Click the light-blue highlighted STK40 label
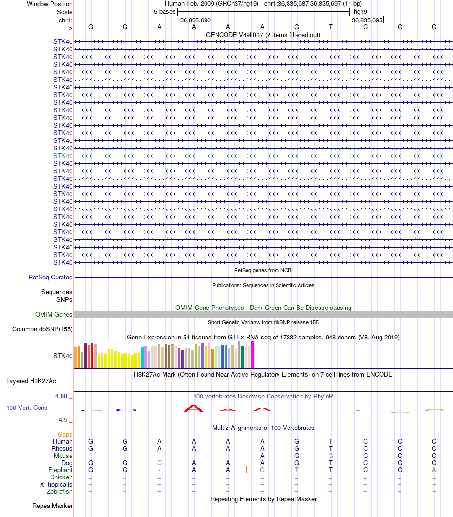click(63, 156)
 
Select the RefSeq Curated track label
click(51, 277)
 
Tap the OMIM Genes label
click(54, 314)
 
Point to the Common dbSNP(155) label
click(42, 329)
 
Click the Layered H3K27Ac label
click(31, 381)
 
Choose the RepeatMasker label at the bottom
click(52, 506)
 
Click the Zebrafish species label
click(60, 491)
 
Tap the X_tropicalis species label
click(56, 484)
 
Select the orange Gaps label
click(65, 434)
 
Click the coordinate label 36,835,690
click(196, 20)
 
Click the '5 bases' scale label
click(165, 11)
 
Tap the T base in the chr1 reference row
click(331, 27)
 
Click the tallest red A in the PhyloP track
click(194, 408)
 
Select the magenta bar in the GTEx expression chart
click(253, 355)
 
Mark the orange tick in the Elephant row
click(246, 469)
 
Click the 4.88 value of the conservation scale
click(62, 396)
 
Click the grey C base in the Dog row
click(159, 463)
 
